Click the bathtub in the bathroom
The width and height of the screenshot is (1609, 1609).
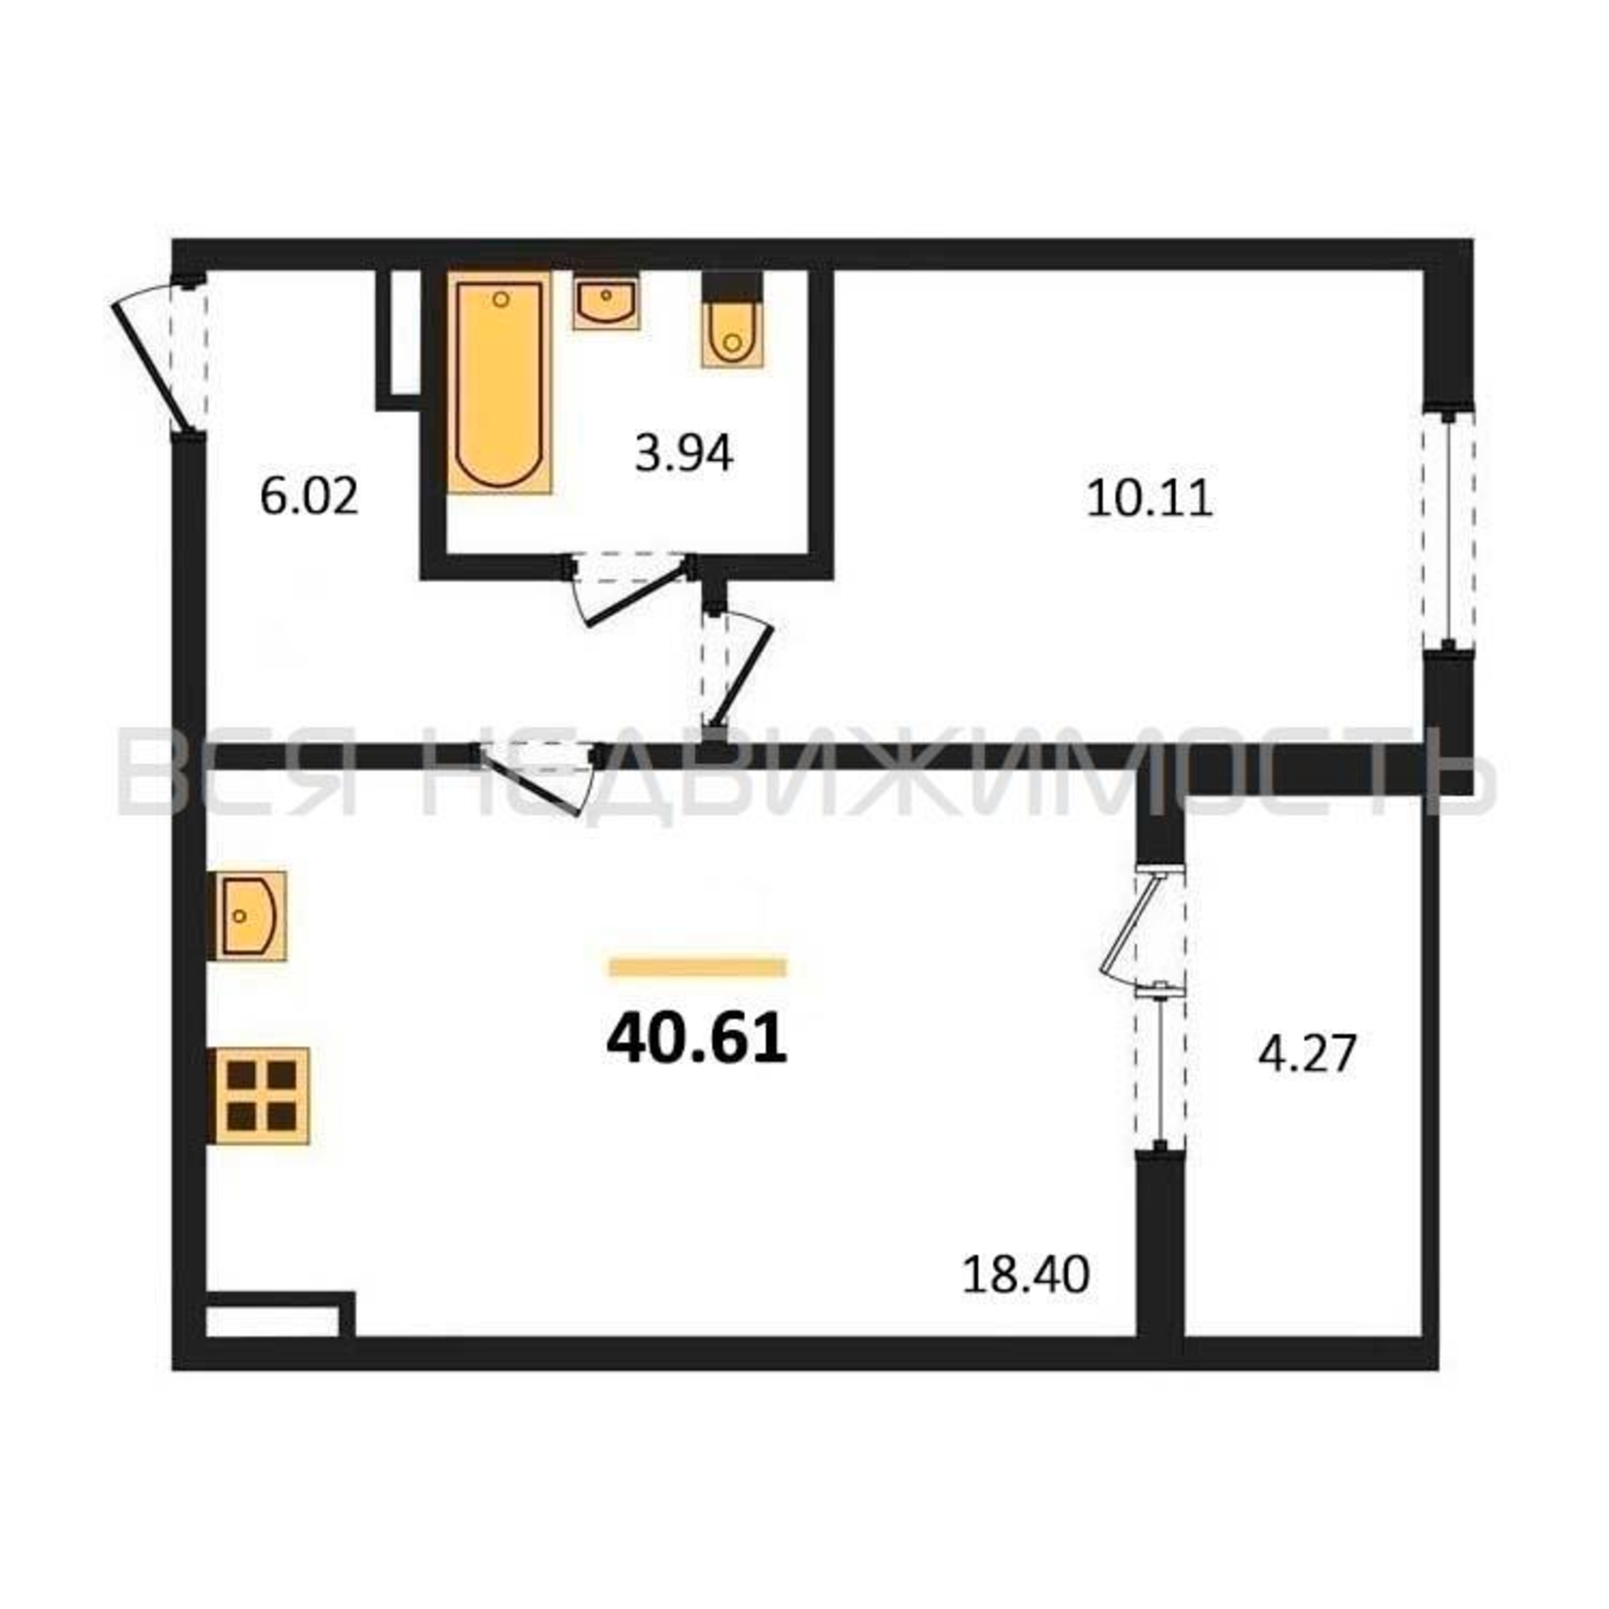click(x=500, y=382)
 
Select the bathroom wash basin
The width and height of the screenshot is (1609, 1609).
click(x=607, y=301)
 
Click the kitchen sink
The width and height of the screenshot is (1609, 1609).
click(x=246, y=916)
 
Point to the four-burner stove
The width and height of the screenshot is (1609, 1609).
click(x=258, y=1095)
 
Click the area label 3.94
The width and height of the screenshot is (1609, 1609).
click(x=684, y=455)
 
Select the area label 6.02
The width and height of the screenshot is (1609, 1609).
click(x=309, y=497)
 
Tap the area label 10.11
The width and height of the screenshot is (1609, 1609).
click(x=1150, y=500)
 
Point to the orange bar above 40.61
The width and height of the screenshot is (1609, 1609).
click(x=698, y=967)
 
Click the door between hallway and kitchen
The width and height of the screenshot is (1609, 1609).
click(x=537, y=775)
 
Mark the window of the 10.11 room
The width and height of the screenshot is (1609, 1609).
click(x=1449, y=529)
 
